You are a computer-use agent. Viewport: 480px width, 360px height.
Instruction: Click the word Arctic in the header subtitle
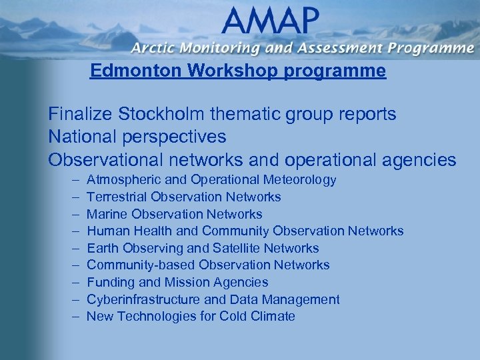point(153,48)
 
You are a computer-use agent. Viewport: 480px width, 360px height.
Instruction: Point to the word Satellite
point(236,248)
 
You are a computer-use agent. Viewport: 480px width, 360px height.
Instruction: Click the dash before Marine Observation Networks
point(72,214)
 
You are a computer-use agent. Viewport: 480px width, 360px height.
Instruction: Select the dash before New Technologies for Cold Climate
point(72,317)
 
